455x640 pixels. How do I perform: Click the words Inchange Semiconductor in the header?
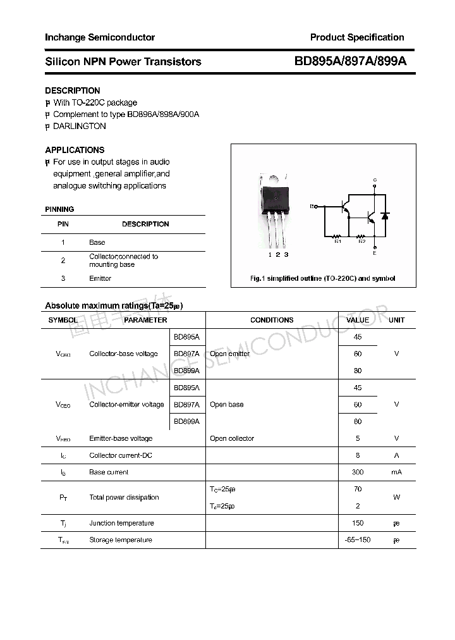tap(100, 37)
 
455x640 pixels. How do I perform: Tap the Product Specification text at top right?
tap(357, 37)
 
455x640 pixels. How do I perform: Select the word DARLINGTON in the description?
tap(79, 126)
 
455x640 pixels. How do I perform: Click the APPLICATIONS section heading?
tap(75, 150)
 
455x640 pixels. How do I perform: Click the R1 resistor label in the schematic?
tap(337, 241)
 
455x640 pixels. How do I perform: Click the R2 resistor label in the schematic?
tap(361, 241)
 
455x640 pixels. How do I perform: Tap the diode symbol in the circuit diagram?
tap(385, 216)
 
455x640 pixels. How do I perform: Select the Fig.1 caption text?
tap(323, 278)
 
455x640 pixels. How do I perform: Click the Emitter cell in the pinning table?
tap(100, 278)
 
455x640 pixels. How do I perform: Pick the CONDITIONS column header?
tap(272, 320)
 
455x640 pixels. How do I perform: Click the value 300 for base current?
tap(358, 472)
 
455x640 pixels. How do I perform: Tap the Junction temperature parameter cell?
tap(121, 523)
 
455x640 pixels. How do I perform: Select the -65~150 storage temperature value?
tap(358, 540)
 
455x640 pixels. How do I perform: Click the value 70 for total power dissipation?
tap(358, 489)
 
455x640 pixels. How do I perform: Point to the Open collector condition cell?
tap(232, 438)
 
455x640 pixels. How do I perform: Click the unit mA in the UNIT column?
tap(396, 472)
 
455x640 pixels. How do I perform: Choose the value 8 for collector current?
tap(358, 455)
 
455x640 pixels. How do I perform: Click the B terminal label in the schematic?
tap(312, 206)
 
